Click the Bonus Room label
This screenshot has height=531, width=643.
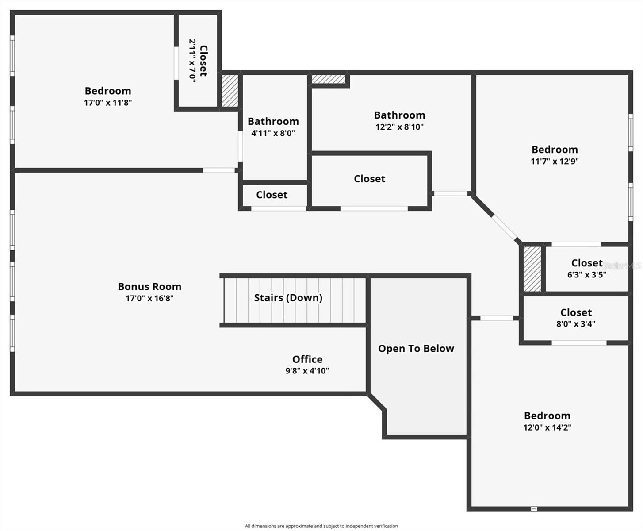[149, 287]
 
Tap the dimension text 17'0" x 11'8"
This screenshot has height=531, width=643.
[108, 103]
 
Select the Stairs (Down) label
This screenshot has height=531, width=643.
[288, 298]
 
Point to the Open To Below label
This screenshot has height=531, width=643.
[416, 349]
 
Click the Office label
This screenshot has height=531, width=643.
[307, 359]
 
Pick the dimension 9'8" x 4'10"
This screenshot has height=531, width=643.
[307, 371]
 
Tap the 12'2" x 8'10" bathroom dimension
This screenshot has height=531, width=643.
[399, 127]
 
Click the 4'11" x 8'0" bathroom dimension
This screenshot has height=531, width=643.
[273, 133]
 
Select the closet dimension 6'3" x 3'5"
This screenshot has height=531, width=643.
[586, 275]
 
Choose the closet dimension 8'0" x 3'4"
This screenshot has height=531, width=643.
[575, 324]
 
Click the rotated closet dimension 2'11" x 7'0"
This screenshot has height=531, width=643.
[192, 60]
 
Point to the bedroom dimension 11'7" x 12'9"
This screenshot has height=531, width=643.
[555, 162]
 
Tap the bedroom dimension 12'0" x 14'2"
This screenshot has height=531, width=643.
[547, 427]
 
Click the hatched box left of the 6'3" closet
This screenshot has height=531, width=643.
[532, 269]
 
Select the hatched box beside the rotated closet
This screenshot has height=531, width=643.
[230, 91]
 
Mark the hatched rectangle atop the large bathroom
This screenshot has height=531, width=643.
[328, 79]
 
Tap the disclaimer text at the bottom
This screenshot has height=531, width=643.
[321, 526]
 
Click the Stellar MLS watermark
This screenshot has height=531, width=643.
[622, 266]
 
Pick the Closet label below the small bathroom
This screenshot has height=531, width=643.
[272, 195]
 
